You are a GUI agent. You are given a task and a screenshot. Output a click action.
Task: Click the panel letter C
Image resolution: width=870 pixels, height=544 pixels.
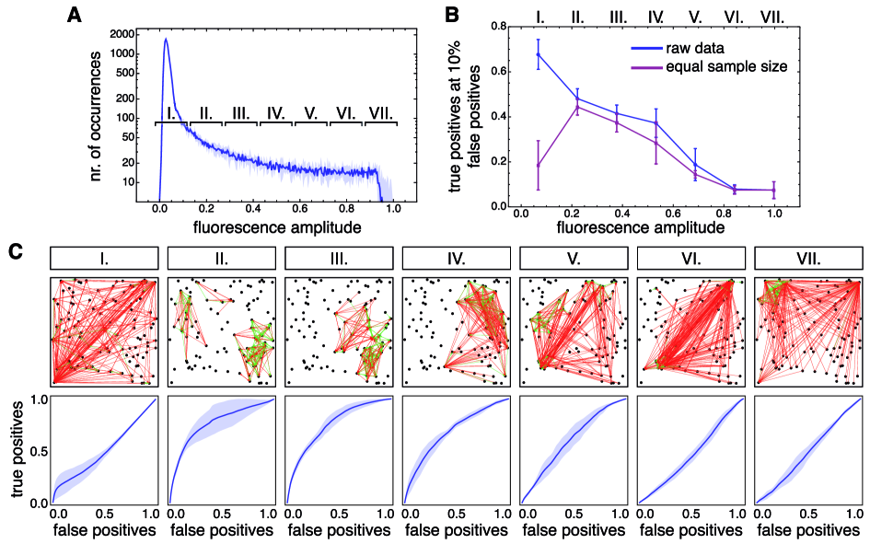point(16,250)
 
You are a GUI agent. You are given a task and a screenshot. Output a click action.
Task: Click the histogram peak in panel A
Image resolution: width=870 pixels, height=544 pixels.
point(166,40)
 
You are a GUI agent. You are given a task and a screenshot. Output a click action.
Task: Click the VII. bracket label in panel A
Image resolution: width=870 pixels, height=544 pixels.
point(380,113)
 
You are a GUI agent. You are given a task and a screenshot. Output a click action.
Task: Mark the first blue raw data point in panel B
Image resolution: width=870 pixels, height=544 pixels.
point(539,54)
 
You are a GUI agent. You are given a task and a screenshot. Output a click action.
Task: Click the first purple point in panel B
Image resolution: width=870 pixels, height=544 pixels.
point(539,166)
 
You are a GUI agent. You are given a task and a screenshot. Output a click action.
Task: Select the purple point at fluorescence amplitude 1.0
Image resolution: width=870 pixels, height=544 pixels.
point(774,191)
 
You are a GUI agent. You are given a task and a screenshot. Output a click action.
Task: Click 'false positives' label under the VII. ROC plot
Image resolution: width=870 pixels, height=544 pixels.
point(807,530)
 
